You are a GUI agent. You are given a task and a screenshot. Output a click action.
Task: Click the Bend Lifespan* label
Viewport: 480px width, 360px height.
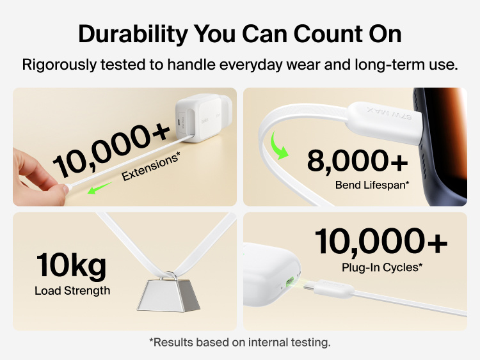[x=372, y=185]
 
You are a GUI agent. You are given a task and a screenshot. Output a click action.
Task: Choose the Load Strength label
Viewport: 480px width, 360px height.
[x=72, y=291]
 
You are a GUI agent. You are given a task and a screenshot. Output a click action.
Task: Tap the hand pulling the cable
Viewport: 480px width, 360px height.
[x=35, y=178]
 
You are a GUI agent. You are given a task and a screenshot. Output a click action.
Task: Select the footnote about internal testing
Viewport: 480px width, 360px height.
[x=240, y=343]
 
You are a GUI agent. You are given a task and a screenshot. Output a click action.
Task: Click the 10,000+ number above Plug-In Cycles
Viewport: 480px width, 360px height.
[x=380, y=242]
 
